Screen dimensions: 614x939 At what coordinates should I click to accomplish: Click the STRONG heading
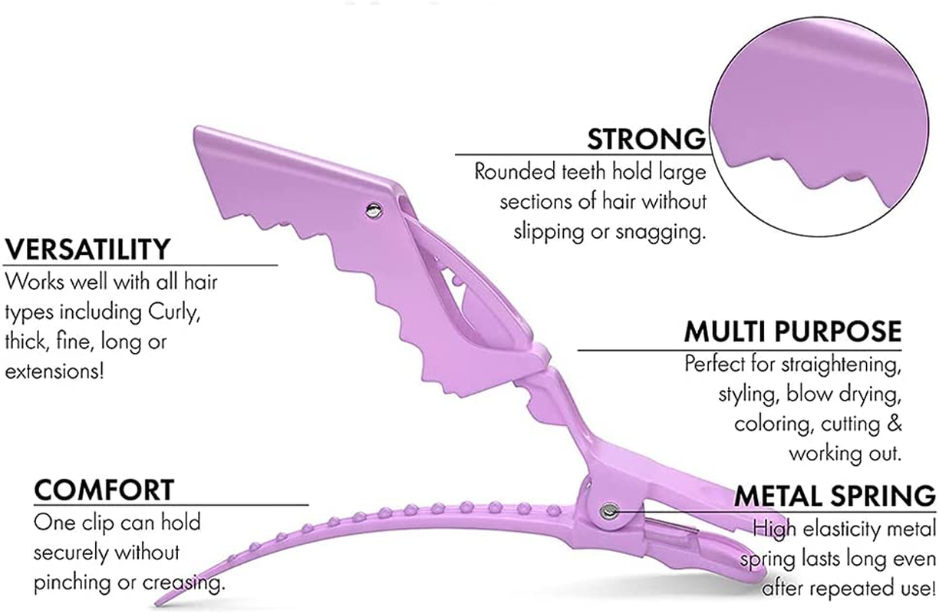(646, 139)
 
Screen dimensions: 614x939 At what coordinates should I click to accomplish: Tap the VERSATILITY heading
(87, 249)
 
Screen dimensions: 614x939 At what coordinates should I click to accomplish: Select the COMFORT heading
(104, 489)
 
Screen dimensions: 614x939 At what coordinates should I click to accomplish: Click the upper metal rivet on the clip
(373, 208)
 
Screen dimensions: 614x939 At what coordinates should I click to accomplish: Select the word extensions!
(53, 371)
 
